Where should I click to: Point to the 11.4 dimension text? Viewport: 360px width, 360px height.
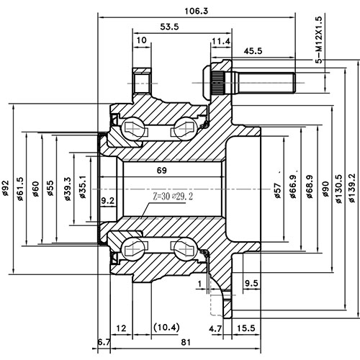(x=222, y=42)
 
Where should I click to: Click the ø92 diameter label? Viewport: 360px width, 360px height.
(x=6, y=189)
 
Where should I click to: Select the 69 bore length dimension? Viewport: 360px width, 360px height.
(x=163, y=171)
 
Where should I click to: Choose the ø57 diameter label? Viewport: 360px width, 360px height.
(x=276, y=189)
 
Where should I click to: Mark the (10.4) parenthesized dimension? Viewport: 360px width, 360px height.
(x=166, y=328)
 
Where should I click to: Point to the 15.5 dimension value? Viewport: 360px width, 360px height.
(x=246, y=328)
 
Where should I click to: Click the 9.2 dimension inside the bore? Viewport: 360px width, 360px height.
(x=109, y=199)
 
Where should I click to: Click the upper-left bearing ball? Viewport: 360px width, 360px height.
(x=134, y=129)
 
